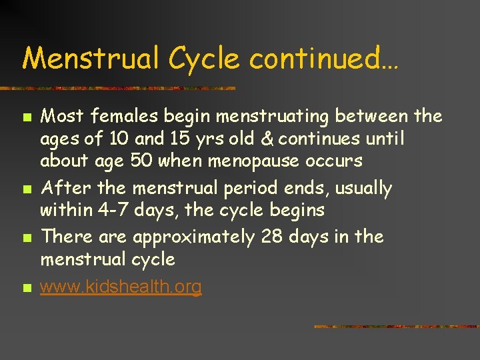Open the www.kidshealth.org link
[121, 287]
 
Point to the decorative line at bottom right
[396, 327]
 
